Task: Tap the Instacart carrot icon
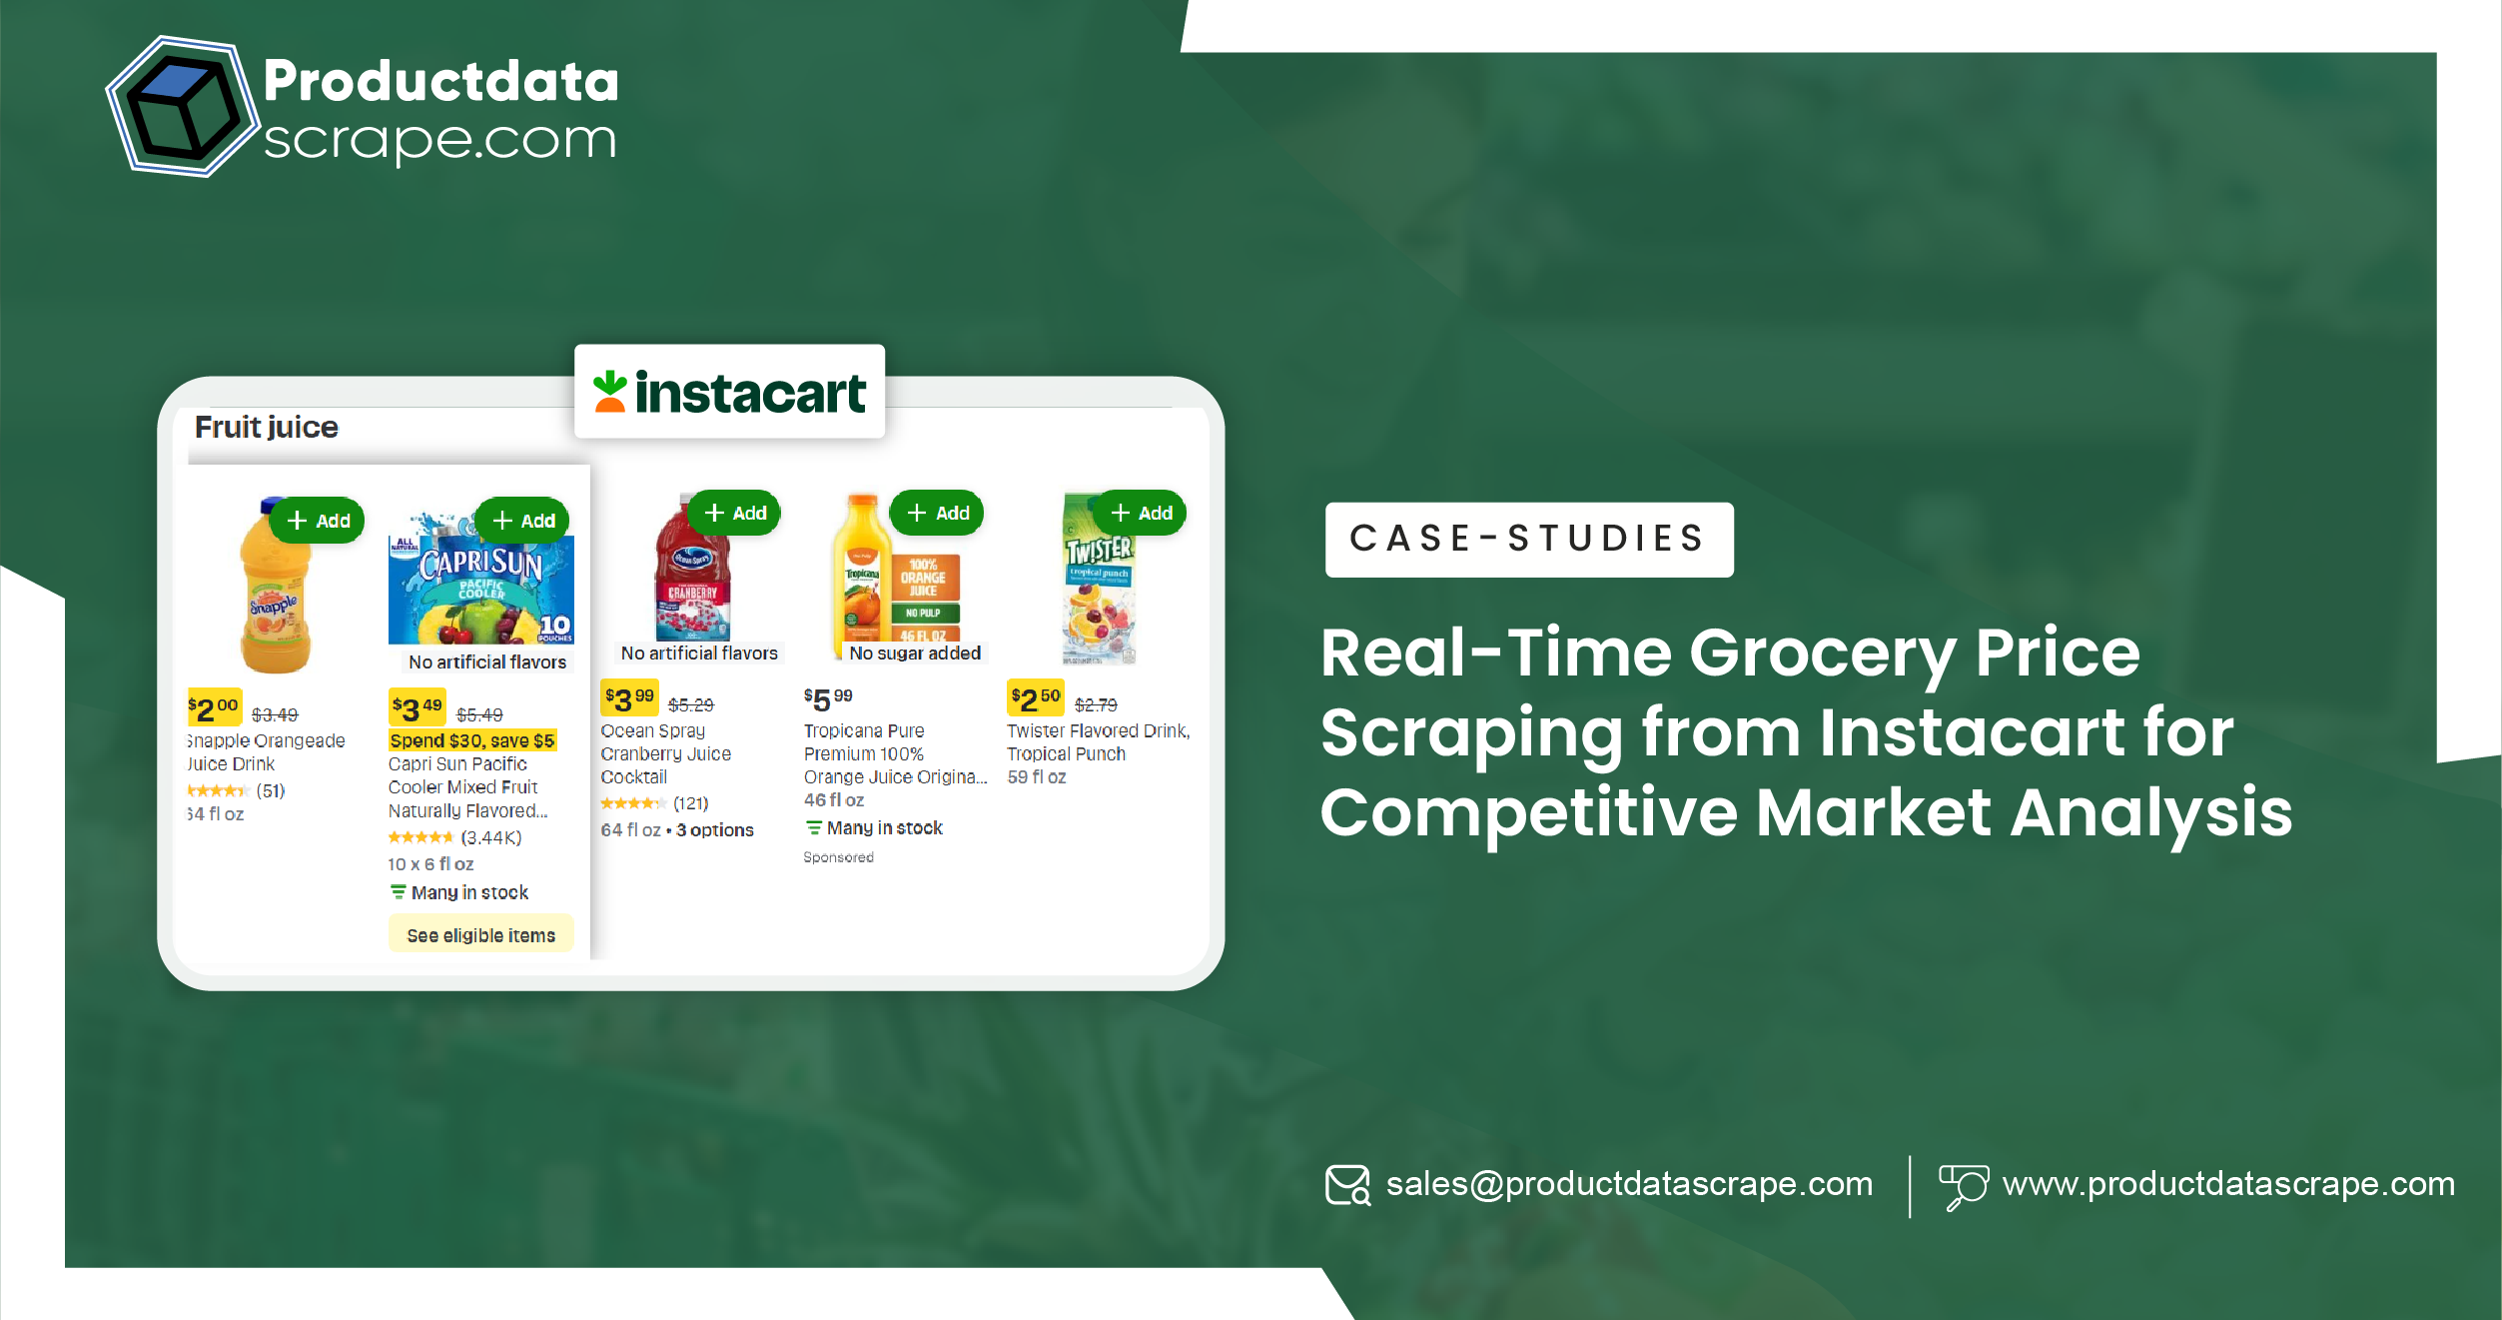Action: [609, 392]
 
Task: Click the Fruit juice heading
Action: [266, 428]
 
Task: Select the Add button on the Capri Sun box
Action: [523, 521]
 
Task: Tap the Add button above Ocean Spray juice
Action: [735, 513]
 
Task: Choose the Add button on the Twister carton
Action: [1141, 513]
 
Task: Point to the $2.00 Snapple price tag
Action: [214, 707]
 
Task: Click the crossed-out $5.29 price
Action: [690, 705]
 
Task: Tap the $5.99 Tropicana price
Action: [828, 698]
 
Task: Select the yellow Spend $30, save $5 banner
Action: [471, 740]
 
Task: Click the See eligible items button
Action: [480, 935]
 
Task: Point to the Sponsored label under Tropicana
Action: [838, 857]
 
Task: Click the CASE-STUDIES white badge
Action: [1528, 539]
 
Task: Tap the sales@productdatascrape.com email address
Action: [1628, 1184]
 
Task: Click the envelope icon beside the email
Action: [1347, 1185]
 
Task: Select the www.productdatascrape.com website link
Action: [2227, 1184]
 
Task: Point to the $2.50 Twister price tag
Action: [1035, 698]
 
